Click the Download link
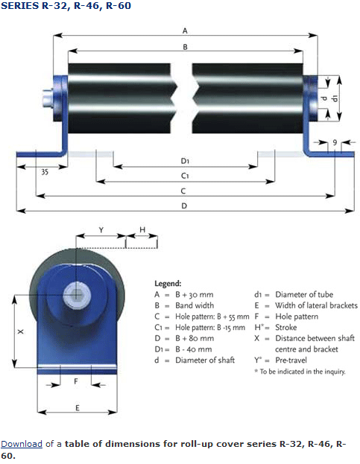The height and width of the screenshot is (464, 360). point(22,444)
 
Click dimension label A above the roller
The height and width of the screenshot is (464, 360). point(185,31)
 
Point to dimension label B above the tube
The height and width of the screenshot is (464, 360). point(185,47)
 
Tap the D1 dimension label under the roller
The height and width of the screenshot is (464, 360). point(185,161)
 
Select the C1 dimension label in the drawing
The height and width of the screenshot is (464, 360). point(185,176)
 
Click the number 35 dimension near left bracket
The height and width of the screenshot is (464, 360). point(45,172)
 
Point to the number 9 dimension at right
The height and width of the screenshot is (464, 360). point(335,142)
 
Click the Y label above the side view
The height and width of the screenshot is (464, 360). point(101,230)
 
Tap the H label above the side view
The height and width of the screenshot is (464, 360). point(142,229)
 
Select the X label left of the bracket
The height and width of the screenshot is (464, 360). point(20,331)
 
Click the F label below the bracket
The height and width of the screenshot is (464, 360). point(76,381)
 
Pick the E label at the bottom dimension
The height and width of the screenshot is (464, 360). point(78,408)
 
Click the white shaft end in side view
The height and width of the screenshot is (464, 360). point(76,294)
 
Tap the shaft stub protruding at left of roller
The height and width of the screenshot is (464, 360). point(48,98)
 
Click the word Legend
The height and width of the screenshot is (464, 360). point(168,284)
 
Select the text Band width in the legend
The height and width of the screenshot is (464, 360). point(195,305)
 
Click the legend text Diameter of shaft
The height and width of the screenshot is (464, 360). point(205,360)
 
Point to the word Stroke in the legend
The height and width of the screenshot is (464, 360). point(286,327)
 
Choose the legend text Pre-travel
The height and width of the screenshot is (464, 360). point(291,360)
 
